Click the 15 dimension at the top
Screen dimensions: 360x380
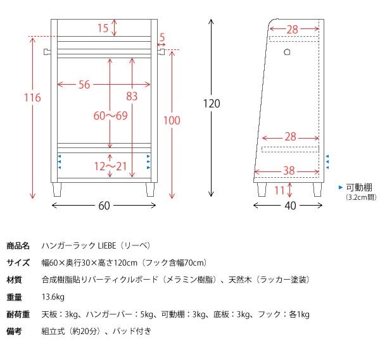point(103,28)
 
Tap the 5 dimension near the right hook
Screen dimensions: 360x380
point(162,38)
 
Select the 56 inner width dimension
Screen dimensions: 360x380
point(84,85)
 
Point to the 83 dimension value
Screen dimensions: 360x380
point(132,96)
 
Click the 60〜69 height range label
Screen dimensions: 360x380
point(110,116)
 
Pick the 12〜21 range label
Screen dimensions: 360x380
point(110,166)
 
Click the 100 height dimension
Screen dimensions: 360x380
point(172,121)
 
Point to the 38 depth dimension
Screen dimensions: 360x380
point(289,170)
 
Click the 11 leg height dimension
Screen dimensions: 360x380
point(280,189)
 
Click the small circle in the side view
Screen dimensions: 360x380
point(287,51)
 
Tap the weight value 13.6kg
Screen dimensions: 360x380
point(53,297)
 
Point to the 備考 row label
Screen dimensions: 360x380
point(15,331)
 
